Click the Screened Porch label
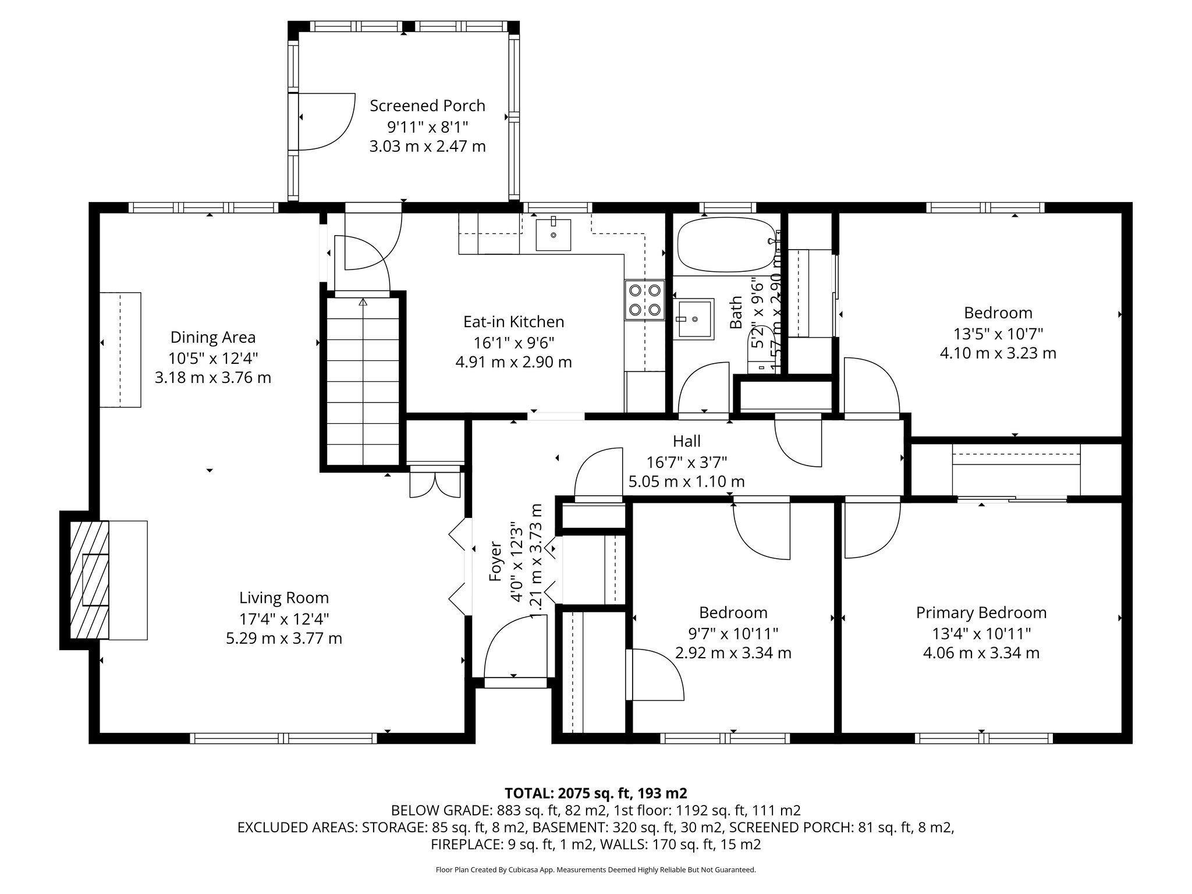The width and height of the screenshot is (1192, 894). pos(427,106)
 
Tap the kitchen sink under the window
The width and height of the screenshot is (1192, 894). pos(552,233)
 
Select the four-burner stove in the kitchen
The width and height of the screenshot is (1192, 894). pos(644,300)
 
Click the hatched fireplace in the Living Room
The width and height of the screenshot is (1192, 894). pos(89,580)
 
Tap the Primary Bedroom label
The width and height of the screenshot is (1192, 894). pos(981,613)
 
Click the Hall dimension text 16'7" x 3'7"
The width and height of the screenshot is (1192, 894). pos(686,462)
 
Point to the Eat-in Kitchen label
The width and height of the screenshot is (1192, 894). pos(513,322)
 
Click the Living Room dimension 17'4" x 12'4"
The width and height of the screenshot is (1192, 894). pos(284,618)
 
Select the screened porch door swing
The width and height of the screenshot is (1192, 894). pos(326,122)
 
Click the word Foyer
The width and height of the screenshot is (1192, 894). pos(495,562)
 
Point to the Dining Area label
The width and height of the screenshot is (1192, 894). pos(212,338)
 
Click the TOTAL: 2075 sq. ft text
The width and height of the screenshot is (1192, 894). pos(595,793)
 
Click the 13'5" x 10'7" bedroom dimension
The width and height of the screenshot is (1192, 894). pos(998,334)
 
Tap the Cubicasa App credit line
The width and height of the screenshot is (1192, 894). pos(595,870)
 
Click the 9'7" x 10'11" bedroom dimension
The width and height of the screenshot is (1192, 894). pos(733,633)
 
